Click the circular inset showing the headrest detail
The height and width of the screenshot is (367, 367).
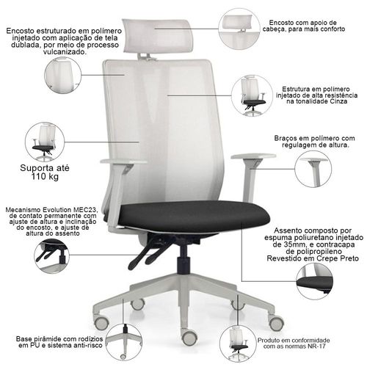coord(239,29)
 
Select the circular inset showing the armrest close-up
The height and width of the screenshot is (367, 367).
coord(313,169)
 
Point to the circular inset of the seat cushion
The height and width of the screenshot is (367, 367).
coord(314,282)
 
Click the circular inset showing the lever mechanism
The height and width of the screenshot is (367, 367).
coord(52,256)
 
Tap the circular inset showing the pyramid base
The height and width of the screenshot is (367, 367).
coord(124,342)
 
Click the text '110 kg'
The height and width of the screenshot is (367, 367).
coord(45,176)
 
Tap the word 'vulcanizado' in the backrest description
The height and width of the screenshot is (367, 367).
coord(65,52)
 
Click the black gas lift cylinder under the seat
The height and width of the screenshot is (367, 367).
coord(184,259)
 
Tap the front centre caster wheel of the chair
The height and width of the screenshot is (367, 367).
coord(189,337)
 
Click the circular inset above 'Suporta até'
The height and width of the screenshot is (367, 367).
coord(45,142)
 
